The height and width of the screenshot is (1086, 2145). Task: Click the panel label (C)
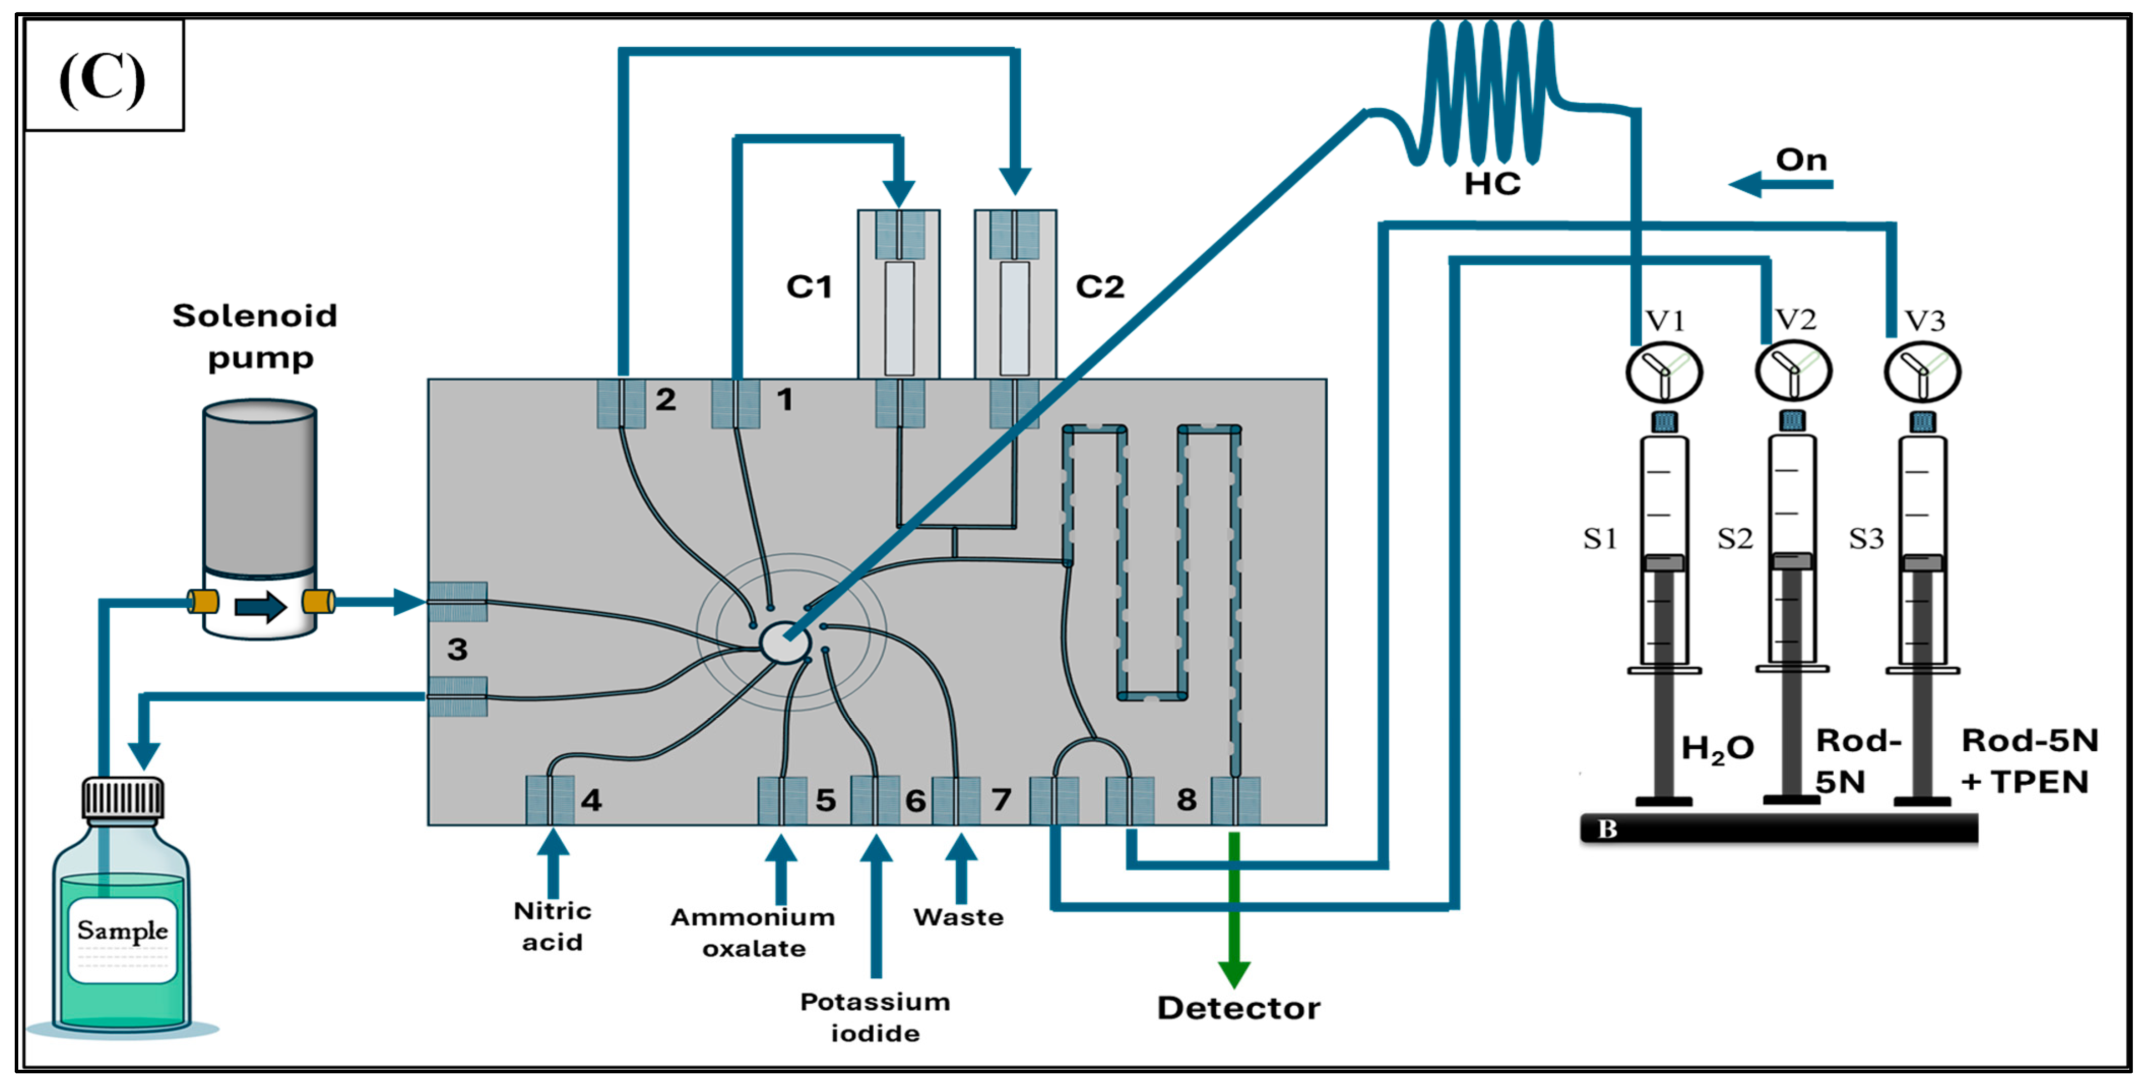103,77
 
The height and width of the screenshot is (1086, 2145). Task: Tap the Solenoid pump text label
255,336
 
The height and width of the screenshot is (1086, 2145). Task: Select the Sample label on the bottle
122,930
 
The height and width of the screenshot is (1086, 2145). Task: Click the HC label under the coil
1492,183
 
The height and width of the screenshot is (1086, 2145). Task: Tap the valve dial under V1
1663,372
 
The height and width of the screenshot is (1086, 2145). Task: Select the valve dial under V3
1923,372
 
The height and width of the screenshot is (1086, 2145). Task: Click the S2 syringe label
1735,539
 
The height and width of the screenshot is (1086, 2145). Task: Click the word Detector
1238,1008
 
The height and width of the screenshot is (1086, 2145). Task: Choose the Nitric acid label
552,926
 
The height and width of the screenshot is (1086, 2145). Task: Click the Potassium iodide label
875,1017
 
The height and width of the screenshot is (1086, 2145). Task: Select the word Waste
958,917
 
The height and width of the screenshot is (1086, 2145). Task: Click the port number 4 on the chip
591,800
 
